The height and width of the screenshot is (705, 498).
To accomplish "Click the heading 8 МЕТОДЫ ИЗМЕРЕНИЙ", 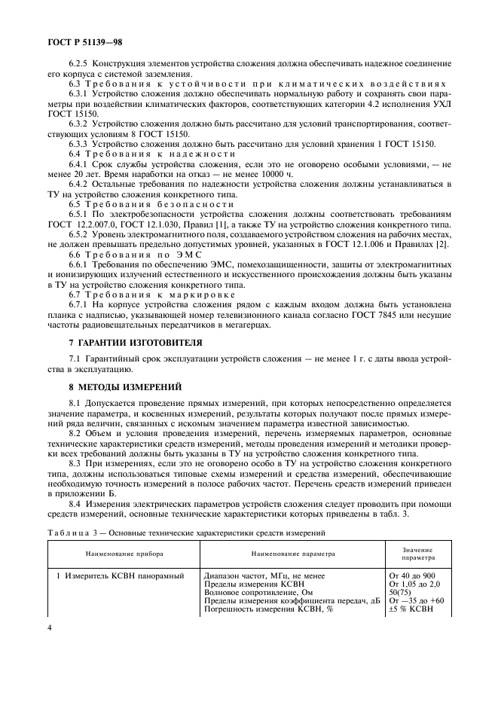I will [125, 387].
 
